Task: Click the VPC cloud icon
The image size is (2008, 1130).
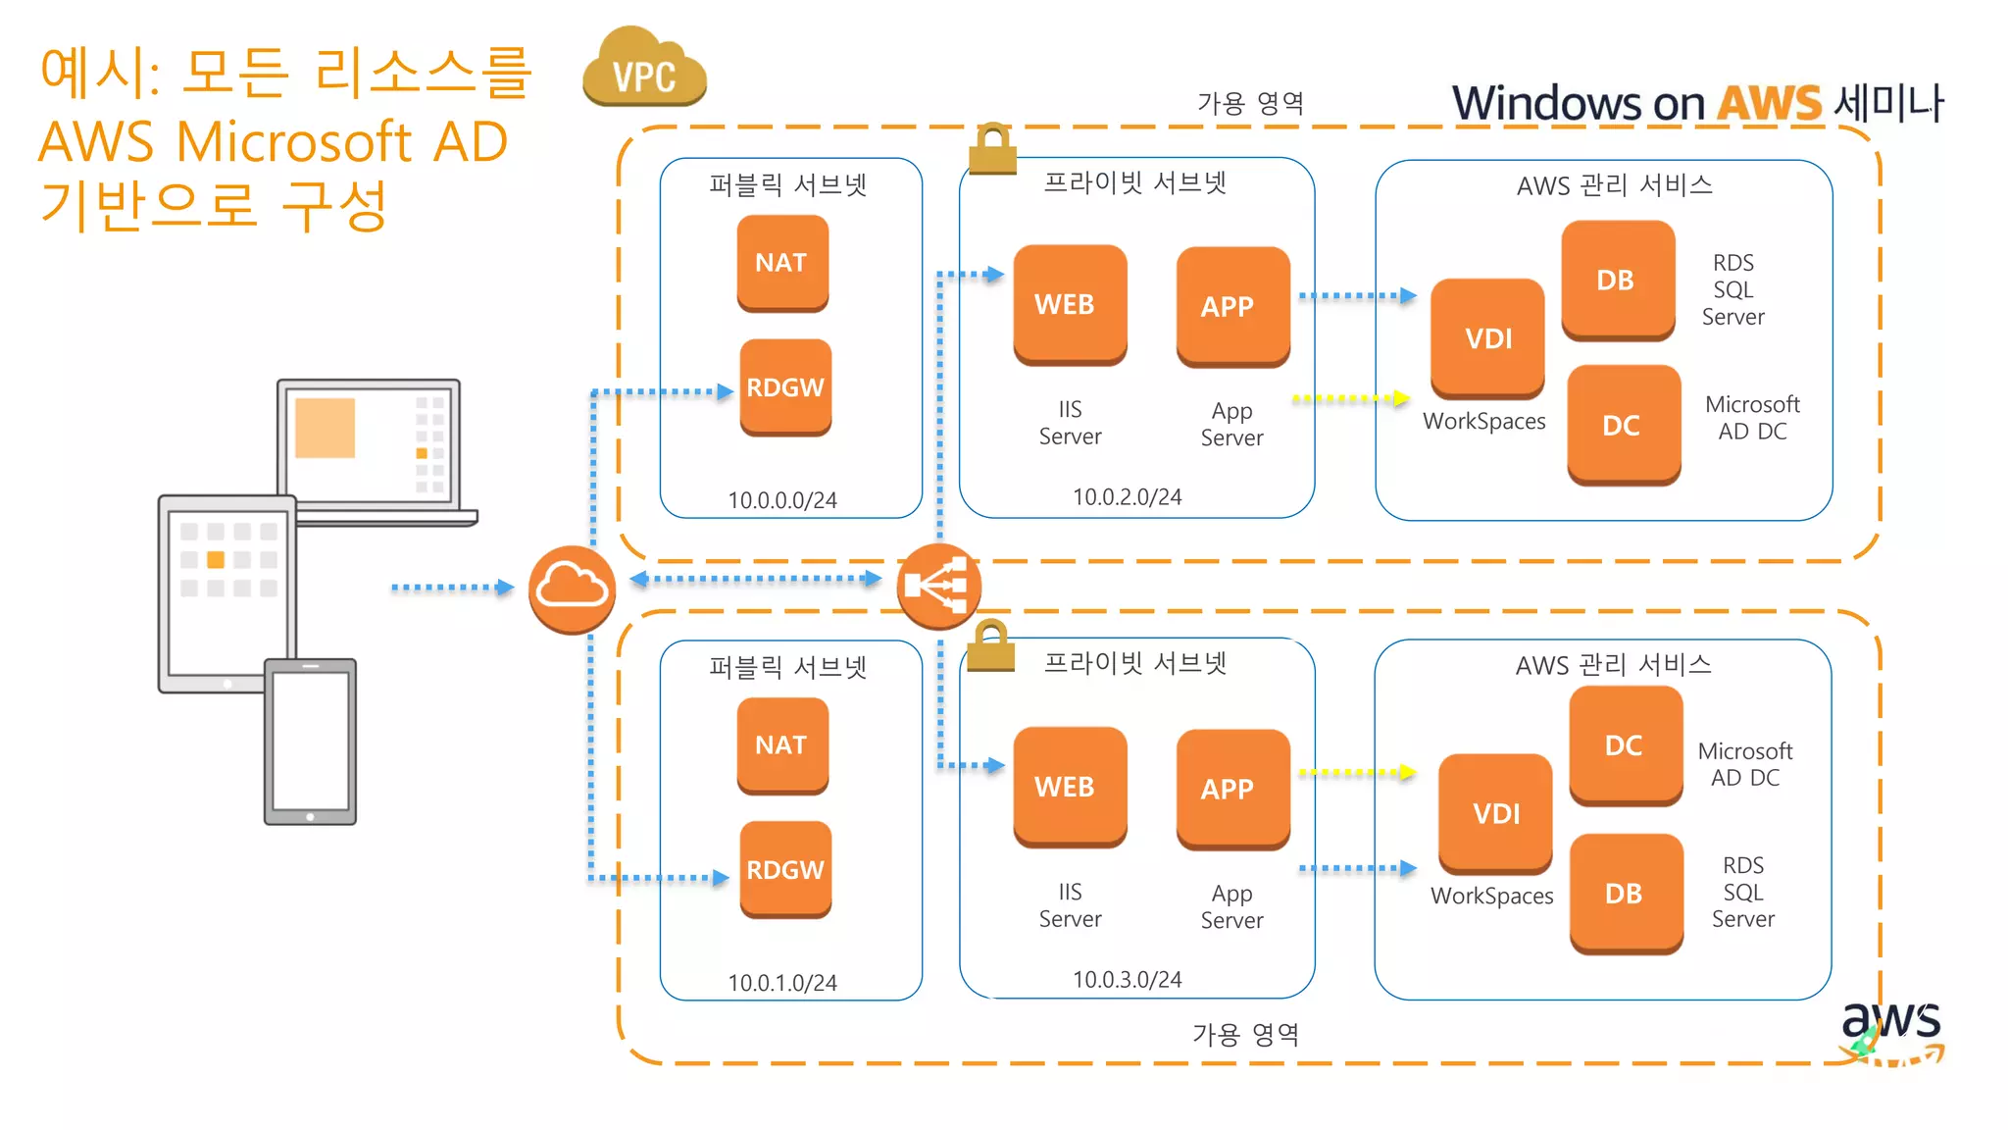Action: tap(644, 69)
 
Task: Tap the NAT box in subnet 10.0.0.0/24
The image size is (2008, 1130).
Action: tap(782, 263)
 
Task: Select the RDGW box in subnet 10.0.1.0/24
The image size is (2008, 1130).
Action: tap(785, 869)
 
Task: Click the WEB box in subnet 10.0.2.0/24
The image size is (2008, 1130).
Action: tap(1069, 304)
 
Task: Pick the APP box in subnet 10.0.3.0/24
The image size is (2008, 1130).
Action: tap(1231, 788)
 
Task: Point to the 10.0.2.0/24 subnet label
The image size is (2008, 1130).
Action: tap(1127, 497)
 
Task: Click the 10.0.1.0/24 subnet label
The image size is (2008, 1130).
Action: tap(782, 982)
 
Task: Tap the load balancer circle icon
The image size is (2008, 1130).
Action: tap(938, 586)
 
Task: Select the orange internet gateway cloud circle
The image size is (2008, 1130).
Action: tap(572, 589)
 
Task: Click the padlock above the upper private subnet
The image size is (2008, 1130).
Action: tap(992, 149)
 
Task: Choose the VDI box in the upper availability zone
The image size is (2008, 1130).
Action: tap(1487, 338)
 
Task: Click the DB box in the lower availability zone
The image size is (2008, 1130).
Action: tap(1625, 893)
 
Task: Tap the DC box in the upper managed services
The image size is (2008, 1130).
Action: tap(1623, 425)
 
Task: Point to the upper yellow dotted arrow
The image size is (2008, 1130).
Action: tap(1350, 398)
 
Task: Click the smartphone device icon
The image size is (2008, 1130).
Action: tap(310, 742)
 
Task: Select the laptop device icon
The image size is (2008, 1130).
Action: tap(373, 446)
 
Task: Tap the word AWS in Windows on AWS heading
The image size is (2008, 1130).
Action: tap(1769, 103)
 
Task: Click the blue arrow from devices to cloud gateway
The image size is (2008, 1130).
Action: tap(452, 588)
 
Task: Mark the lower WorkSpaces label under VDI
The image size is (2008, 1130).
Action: tap(1491, 896)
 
